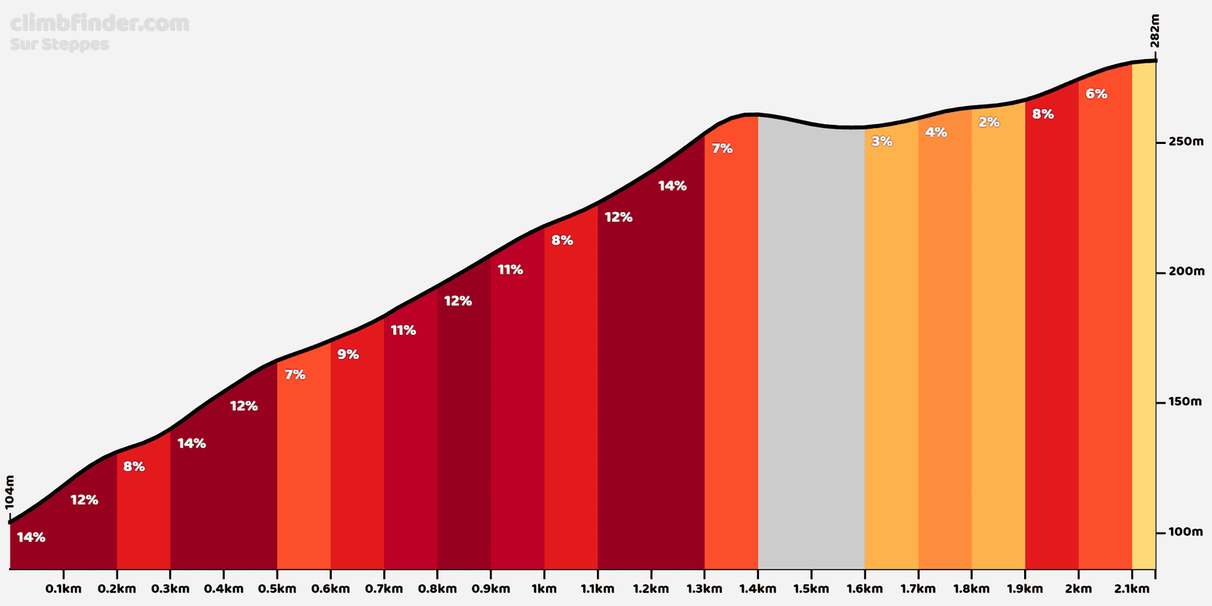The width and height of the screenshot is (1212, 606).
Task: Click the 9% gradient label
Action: coord(348,355)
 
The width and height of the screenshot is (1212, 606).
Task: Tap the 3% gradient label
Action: coord(882,141)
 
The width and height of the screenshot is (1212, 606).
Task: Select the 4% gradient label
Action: coord(936,132)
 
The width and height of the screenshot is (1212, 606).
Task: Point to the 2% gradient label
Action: coord(989,122)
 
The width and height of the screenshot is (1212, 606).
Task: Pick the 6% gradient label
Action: coord(1096,94)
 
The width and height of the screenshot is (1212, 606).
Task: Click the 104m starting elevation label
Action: coord(9,492)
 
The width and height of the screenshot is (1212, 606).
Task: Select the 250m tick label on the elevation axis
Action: coord(1186,142)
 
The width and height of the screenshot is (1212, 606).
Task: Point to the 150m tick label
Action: coord(1185,401)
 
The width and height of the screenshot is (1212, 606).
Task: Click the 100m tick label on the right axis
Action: coord(1185,532)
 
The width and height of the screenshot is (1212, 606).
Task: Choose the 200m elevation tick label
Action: coord(1186,271)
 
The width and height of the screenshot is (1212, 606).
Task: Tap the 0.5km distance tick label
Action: coord(277,589)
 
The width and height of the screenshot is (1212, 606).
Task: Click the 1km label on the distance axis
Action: coord(544,589)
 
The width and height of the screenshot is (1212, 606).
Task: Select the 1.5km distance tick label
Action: coord(811,589)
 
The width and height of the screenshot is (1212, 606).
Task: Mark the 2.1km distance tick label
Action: coord(1132,589)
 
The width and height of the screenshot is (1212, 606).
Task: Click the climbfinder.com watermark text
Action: coord(99,23)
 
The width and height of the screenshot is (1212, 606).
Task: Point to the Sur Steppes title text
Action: coord(59,45)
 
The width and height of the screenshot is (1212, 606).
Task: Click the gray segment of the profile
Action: coord(811,346)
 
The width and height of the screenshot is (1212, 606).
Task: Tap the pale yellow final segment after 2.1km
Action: coord(1144,314)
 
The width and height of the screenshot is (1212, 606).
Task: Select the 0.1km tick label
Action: coord(64,589)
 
